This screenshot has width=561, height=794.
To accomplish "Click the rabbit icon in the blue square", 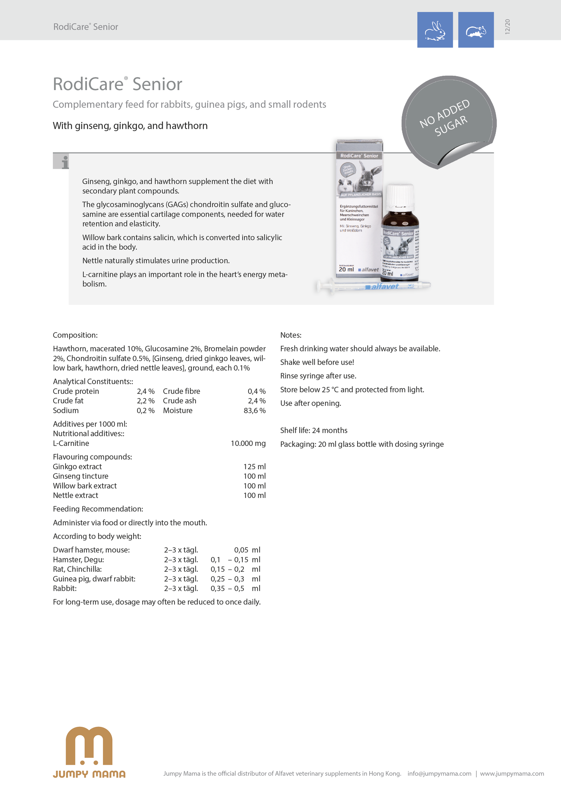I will click(x=435, y=30).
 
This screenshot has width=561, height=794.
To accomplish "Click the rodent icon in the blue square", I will click(x=476, y=30).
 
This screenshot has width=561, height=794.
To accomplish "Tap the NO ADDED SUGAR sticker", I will click(x=446, y=118).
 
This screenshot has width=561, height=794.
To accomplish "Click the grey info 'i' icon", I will click(x=61, y=162).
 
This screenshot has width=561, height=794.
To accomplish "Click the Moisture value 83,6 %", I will click(x=254, y=411).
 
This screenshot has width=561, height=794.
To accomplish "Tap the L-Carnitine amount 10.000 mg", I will click(x=248, y=444).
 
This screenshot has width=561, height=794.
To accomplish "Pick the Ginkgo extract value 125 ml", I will click(x=254, y=467).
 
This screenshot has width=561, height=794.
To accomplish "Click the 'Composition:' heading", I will click(x=75, y=335).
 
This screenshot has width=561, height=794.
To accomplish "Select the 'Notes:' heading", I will click(x=291, y=335).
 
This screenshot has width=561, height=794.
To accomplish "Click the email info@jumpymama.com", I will click(x=439, y=773).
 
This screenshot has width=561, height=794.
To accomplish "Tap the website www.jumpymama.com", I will click(x=512, y=773).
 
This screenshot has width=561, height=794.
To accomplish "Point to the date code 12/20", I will click(x=507, y=27).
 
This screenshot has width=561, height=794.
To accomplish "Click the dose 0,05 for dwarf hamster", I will click(x=241, y=550).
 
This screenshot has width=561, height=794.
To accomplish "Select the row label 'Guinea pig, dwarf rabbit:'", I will click(x=94, y=579).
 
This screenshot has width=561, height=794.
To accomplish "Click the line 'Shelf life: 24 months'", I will click(x=314, y=430).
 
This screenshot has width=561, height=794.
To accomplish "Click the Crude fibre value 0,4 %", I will click(x=257, y=391).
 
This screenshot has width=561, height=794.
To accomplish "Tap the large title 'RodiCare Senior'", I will click(x=117, y=84).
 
